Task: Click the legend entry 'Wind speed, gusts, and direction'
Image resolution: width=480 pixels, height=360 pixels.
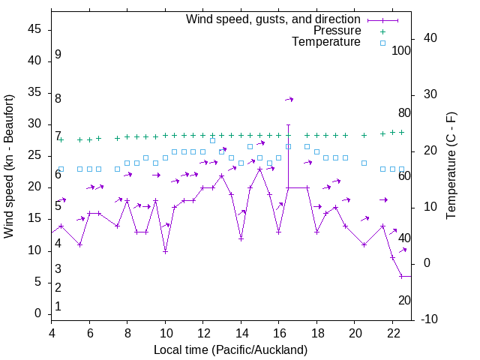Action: click(273, 19)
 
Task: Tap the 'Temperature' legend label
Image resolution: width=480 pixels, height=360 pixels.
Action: click(326, 43)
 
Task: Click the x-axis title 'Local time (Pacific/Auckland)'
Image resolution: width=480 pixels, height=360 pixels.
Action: click(230, 349)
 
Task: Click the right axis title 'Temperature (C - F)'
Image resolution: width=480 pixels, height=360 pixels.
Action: click(451, 166)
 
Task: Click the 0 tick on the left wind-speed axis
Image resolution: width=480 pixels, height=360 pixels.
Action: click(37, 313)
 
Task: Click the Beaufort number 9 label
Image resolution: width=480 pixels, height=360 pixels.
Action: click(58, 55)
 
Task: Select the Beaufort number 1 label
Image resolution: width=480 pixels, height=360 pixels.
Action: click(58, 306)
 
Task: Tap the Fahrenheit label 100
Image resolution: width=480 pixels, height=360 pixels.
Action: click(401, 50)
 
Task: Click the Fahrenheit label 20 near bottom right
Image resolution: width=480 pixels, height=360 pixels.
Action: click(404, 300)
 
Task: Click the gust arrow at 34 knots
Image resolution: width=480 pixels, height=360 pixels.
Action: click(289, 99)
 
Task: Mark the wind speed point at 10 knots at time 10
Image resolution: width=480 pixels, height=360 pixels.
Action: click(165, 251)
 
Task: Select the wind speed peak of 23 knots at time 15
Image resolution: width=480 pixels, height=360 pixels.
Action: click(259, 169)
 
